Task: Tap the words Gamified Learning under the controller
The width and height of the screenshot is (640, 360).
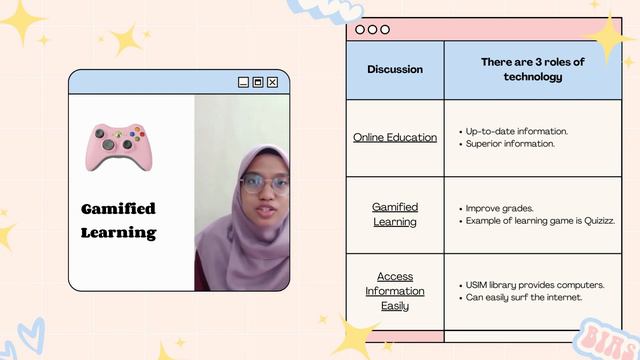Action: point(118,220)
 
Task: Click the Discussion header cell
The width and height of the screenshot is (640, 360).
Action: point(395,70)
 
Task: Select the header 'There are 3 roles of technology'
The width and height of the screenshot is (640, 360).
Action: point(532,69)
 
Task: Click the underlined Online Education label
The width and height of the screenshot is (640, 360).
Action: point(395,137)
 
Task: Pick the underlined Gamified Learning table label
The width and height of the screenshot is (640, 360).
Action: point(395,214)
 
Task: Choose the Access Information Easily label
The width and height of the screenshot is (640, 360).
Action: point(395,291)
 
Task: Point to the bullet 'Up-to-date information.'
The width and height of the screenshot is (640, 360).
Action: point(517,131)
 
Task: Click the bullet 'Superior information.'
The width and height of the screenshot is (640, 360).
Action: point(510,144)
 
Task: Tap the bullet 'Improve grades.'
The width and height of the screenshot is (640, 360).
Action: point(499,208)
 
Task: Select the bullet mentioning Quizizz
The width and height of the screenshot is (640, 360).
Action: point(540,221)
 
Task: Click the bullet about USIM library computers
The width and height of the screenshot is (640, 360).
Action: point(535,285)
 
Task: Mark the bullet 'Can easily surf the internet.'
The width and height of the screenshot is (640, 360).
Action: point(524,298)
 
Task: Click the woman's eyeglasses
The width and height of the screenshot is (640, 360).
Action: point(264,183)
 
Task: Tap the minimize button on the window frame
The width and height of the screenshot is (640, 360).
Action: point(243,82)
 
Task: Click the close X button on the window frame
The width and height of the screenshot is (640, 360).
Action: point(273,82)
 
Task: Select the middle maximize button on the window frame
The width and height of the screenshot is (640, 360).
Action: point(258,82)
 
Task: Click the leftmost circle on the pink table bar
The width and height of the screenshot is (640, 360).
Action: point(360,30)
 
